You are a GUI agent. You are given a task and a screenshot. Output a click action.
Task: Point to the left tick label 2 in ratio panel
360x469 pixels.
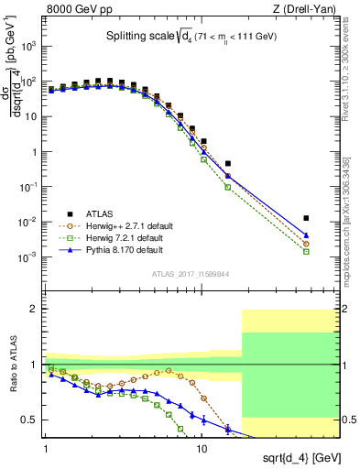tap(34, 310)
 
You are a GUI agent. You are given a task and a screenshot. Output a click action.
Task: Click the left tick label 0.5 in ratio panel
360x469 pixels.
tap(29, 420)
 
